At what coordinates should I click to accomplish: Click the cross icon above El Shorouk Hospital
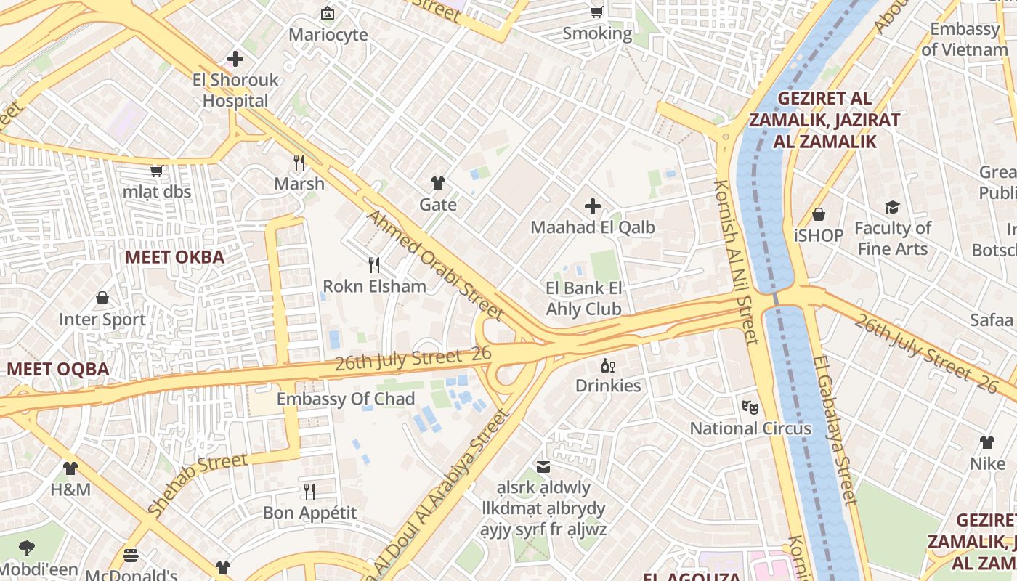pos(235,59)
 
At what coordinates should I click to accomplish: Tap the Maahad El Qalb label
pos(592,227)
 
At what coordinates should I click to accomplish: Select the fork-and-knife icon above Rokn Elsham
pos(374,264)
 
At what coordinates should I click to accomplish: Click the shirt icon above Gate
pos(437,183)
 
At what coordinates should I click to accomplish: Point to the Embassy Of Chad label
pos(346,399)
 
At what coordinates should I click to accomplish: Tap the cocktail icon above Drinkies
pos(607,365)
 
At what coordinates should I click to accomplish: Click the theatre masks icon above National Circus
pos(750,407)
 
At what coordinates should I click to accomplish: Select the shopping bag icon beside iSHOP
pos(819,214)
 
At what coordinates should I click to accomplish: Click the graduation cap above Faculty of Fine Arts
pos(892,208)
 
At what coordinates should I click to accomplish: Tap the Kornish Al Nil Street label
pos(737,261)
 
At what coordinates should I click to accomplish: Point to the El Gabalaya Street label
pos(835,428)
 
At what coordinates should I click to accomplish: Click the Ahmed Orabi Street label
pos(434,265)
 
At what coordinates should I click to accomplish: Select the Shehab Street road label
pos(197,484)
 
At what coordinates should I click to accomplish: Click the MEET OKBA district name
pos(174,257)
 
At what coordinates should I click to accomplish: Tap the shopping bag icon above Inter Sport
pos(102,298)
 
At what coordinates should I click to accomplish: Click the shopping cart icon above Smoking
pos(596,12)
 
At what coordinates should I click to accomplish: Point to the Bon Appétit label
pos(309,513)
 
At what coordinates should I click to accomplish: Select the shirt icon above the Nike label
pos(986,442)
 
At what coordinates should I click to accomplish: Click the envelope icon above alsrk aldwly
pos(543,467)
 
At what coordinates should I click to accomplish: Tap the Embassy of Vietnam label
pos(965,39)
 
